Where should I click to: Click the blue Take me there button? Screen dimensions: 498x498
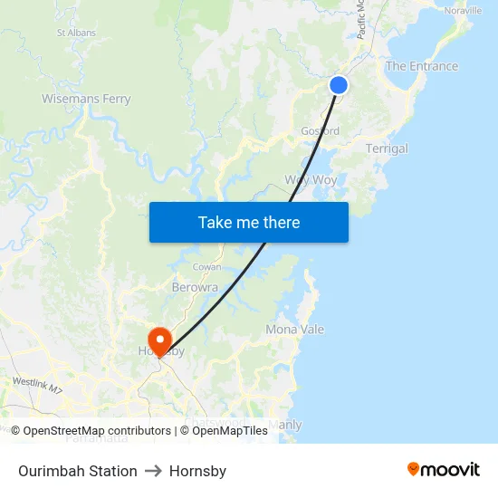(x=249, y=222)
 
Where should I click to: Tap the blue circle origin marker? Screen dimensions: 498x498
(x=339, y=84)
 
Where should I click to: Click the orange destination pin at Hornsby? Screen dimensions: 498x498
(x=160, y=340)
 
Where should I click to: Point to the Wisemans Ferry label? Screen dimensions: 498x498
(x=86, y=99)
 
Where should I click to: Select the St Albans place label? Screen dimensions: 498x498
(x=76, y=33)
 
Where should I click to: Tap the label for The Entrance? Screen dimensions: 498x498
(x=422, y=66)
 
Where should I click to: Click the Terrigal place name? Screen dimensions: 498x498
(x=387, y=148)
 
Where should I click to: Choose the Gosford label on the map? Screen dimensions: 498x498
(x=320, y=131)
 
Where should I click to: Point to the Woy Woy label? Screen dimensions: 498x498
(x=311, y=179)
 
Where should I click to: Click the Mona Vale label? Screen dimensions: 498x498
(x=294, y=330)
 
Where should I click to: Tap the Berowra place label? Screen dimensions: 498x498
(x=195, y=287)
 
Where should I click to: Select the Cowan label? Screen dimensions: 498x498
(x=206, y=268)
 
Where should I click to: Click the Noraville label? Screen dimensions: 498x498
(x=463, y=10)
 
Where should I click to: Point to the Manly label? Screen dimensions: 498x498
(x=285, y=425)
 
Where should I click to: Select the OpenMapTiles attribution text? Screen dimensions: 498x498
(x=224, y=431)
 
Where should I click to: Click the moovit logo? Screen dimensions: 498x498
(x=443, y=470)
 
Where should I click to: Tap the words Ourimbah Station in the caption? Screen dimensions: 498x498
(x=78, y=471)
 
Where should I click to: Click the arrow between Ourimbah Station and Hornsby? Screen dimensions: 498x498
(x=153, y=471)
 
